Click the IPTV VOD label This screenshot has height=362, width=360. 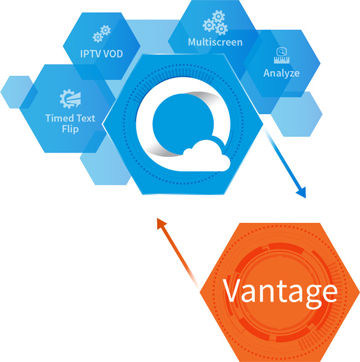[x=101, y=54]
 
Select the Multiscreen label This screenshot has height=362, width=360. [x=215, y=42]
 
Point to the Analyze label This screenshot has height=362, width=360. [x=281, y=73]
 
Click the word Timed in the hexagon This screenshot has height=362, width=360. [x=58, y=118]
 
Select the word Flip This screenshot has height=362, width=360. [x=70, y=129]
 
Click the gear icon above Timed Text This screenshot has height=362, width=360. [x=70, y=99]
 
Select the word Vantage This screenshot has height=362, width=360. [x=280, y=290]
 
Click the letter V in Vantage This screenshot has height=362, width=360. [x=233, y=289]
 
